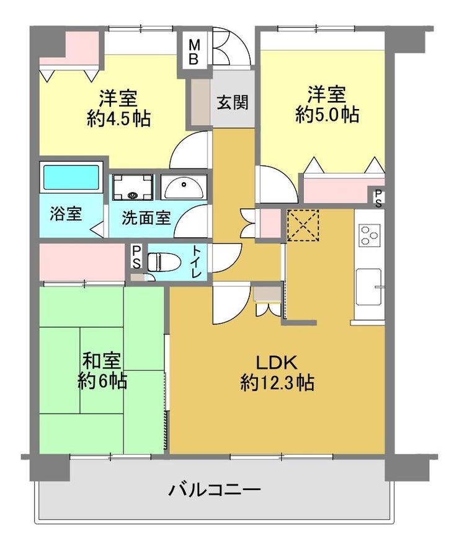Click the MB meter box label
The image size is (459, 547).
194,51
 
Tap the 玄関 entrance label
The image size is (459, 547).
233,103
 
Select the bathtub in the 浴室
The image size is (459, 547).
71,177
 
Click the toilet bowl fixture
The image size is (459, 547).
164,261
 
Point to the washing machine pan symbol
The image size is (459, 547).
132,187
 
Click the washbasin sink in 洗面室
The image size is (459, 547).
183,187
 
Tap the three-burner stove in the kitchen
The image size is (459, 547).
369,235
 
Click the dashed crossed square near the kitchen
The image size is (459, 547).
303,225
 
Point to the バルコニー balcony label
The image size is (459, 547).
215,490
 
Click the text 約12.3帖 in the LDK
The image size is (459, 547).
277,383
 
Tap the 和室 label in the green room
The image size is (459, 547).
102,361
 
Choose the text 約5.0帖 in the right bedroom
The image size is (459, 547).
327,114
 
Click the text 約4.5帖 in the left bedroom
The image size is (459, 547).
118,118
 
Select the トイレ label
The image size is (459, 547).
196,261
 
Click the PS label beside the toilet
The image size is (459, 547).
137,257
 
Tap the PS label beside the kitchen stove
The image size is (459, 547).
378,198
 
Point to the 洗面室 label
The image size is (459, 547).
146,217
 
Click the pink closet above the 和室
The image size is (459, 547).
82,261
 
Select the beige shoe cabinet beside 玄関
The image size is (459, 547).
200,102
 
